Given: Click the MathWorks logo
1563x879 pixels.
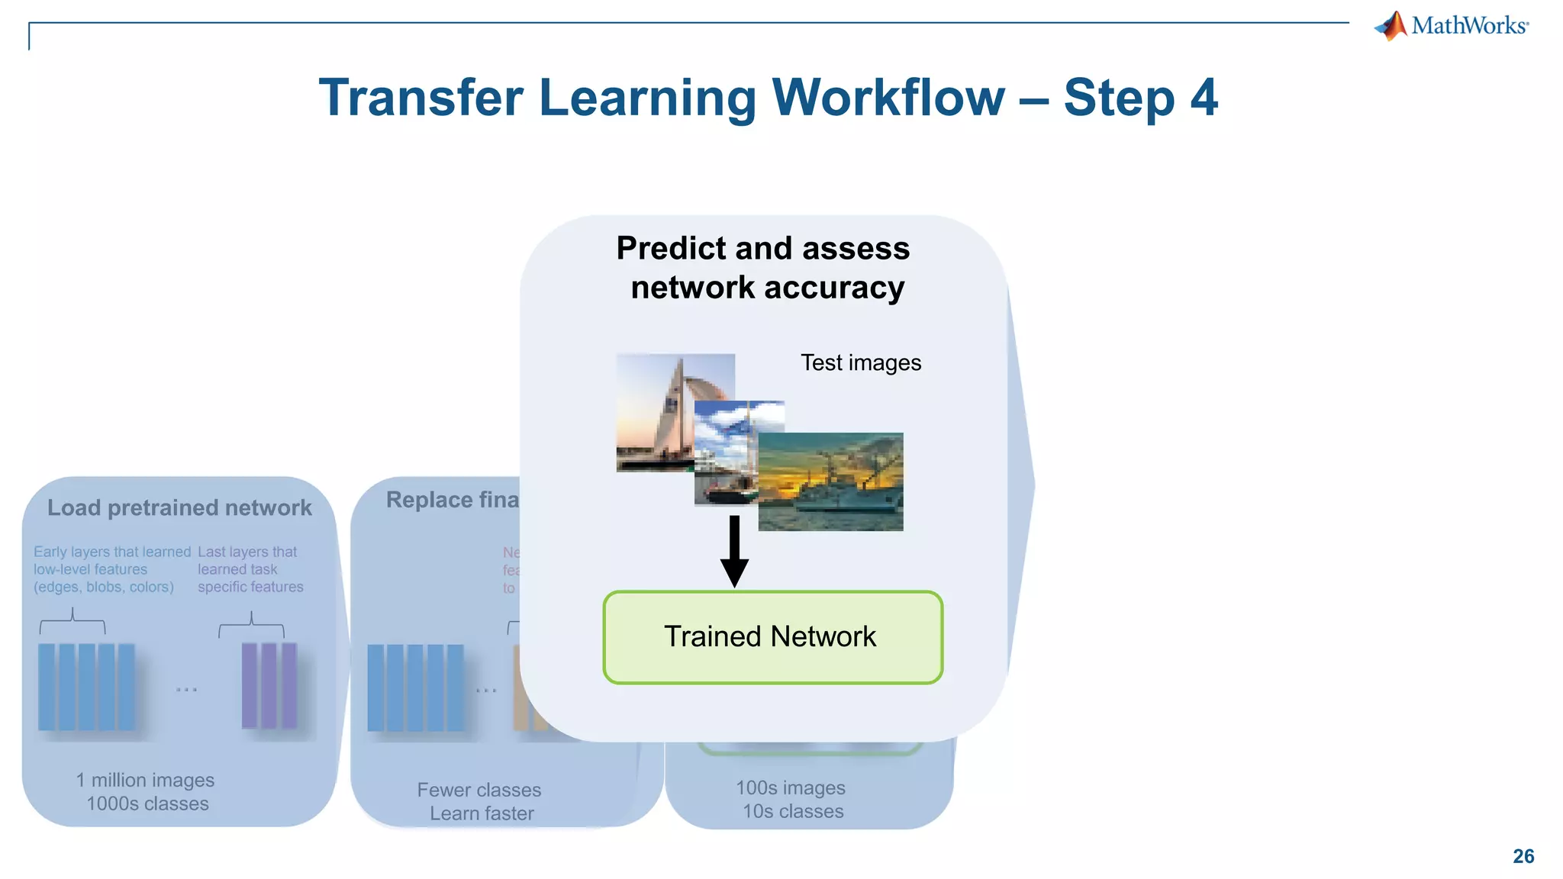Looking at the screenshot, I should [1452, 26].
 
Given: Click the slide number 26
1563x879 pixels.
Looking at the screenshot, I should [1523, 856].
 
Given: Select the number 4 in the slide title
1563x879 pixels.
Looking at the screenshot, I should [1204, 98].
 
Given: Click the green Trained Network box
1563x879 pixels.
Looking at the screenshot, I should [772, 637].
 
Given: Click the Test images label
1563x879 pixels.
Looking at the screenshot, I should [860, 362].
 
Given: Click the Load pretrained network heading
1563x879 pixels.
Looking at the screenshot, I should [179, 507].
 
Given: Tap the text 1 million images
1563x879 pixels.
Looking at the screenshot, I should [145, 780].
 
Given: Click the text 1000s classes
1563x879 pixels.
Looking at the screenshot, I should [147, 803].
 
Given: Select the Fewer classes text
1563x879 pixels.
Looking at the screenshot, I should [479, 790].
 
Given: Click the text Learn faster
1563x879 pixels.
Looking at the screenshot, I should [482, 813].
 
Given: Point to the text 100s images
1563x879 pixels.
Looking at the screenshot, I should [791, 787].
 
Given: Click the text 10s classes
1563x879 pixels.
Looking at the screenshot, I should [793, 811].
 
